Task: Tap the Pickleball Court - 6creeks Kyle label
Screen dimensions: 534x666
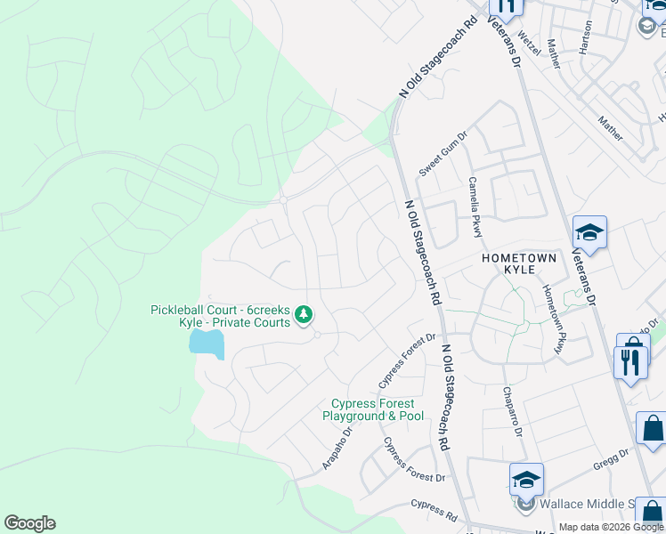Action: (220, 316)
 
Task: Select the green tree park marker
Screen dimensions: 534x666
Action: (305, 314)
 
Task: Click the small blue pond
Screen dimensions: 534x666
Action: (206, 343)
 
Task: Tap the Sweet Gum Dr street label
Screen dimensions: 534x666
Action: (443, 152)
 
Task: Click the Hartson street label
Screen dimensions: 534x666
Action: (585, 37)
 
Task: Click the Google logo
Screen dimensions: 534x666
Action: (29, 523)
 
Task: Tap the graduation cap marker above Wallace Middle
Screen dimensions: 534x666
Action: (526, 479)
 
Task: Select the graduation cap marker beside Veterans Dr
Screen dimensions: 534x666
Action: (589, 234)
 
